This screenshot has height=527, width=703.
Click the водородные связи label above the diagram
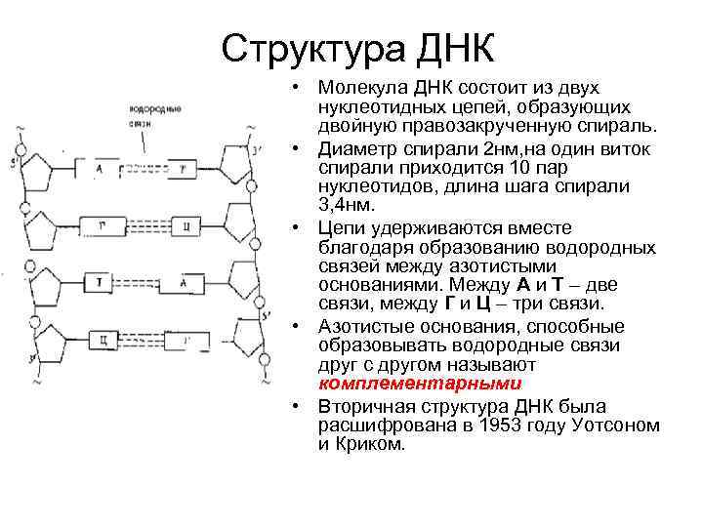click(147, 115)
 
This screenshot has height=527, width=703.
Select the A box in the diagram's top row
click(101, 170)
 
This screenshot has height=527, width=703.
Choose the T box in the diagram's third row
click(101, 283)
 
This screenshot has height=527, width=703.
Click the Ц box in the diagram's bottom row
click(101, 340)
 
